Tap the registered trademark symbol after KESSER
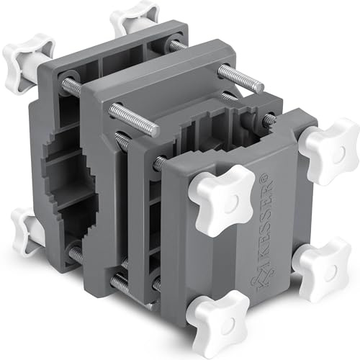(x=269, y=177)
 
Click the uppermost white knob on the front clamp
(x=329, y=152)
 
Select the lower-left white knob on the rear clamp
(x=27, y=232)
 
